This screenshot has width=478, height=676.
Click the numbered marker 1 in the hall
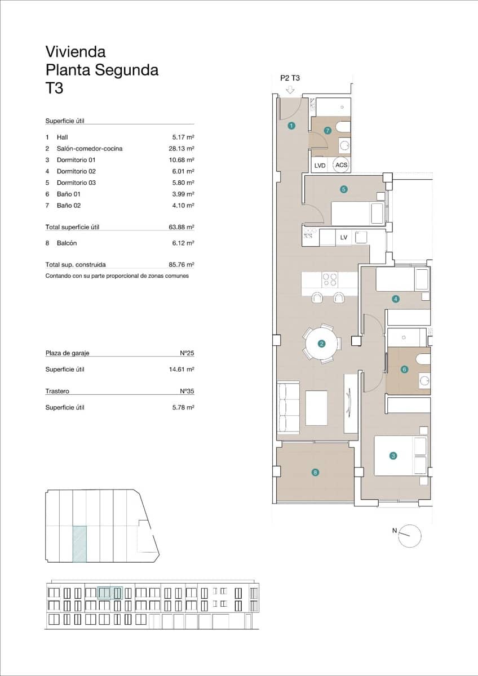point(291,126)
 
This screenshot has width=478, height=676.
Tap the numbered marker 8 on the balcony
point(315,473)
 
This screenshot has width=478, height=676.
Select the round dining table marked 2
point(322,343)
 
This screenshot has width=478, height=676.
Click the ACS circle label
point(341,165)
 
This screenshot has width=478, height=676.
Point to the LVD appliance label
point(320,166)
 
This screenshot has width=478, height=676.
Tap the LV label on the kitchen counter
point(344,238)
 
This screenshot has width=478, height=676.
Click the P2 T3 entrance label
point(290,79)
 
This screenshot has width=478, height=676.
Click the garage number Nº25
point(187,353)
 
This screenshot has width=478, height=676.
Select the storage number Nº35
point(187,391)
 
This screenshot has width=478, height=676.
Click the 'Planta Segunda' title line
point(101,70)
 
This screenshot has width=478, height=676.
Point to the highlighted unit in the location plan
point(79,544)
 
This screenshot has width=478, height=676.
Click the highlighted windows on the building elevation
point(109,593)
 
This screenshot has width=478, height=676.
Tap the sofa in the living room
point(289,408)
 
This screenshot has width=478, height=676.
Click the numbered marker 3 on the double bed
point(393,456)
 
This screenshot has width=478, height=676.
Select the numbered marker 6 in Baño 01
point(404,370)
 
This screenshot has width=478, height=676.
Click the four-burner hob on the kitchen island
point(329,280)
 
